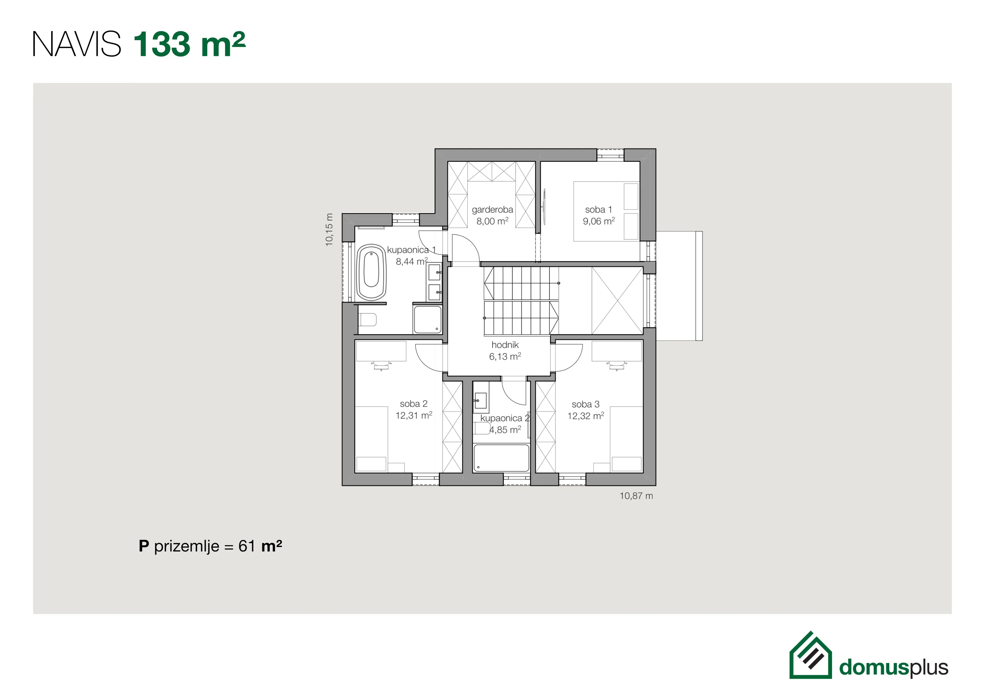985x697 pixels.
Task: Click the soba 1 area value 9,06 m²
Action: [x=598, y=221]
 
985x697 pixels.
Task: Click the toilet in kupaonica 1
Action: [x=368, y=319]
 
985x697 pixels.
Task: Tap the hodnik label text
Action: [x=505, y=345]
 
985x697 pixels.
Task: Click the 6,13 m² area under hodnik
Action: [x=505, y=356]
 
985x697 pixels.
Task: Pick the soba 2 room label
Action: [x=414, y=404]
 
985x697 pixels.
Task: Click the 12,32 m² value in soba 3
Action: [x=586, y=416]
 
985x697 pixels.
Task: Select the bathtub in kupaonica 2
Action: [x=501, y=458]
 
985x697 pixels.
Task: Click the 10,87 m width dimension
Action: [x=636, y=496]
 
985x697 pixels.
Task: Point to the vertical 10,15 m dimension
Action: [x=329, y=230]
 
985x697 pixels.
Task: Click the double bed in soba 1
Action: [x=606, y=211]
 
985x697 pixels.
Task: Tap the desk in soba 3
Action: [x=617, y=351]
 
